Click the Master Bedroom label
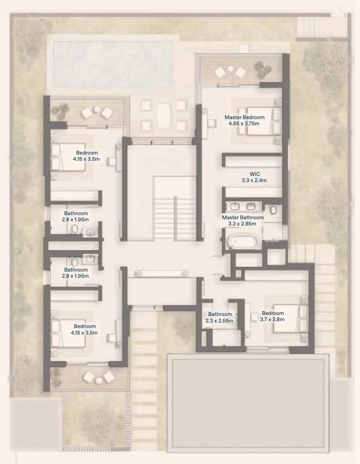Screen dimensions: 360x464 pos(245,117)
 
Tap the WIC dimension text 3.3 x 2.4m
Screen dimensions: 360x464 pos(254,180)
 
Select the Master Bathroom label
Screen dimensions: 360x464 pos(243,218)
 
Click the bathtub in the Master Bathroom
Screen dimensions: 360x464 pos(243,242)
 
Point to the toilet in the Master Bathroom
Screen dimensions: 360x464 pos(273,210)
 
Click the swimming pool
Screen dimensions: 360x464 pos(113,64)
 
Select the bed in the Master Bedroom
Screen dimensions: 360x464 pos(260,121)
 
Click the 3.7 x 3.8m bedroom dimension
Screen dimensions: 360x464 pos(272,319)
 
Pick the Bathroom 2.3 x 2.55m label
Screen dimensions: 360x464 pos(220,317)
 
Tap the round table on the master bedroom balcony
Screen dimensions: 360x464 pos(230,68)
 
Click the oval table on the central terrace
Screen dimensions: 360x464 pos(163,116)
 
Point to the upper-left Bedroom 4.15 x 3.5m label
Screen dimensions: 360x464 pos(86,156)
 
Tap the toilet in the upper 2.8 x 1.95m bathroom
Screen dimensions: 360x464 pos(74,229)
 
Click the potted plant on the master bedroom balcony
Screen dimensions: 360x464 pos(263,69)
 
